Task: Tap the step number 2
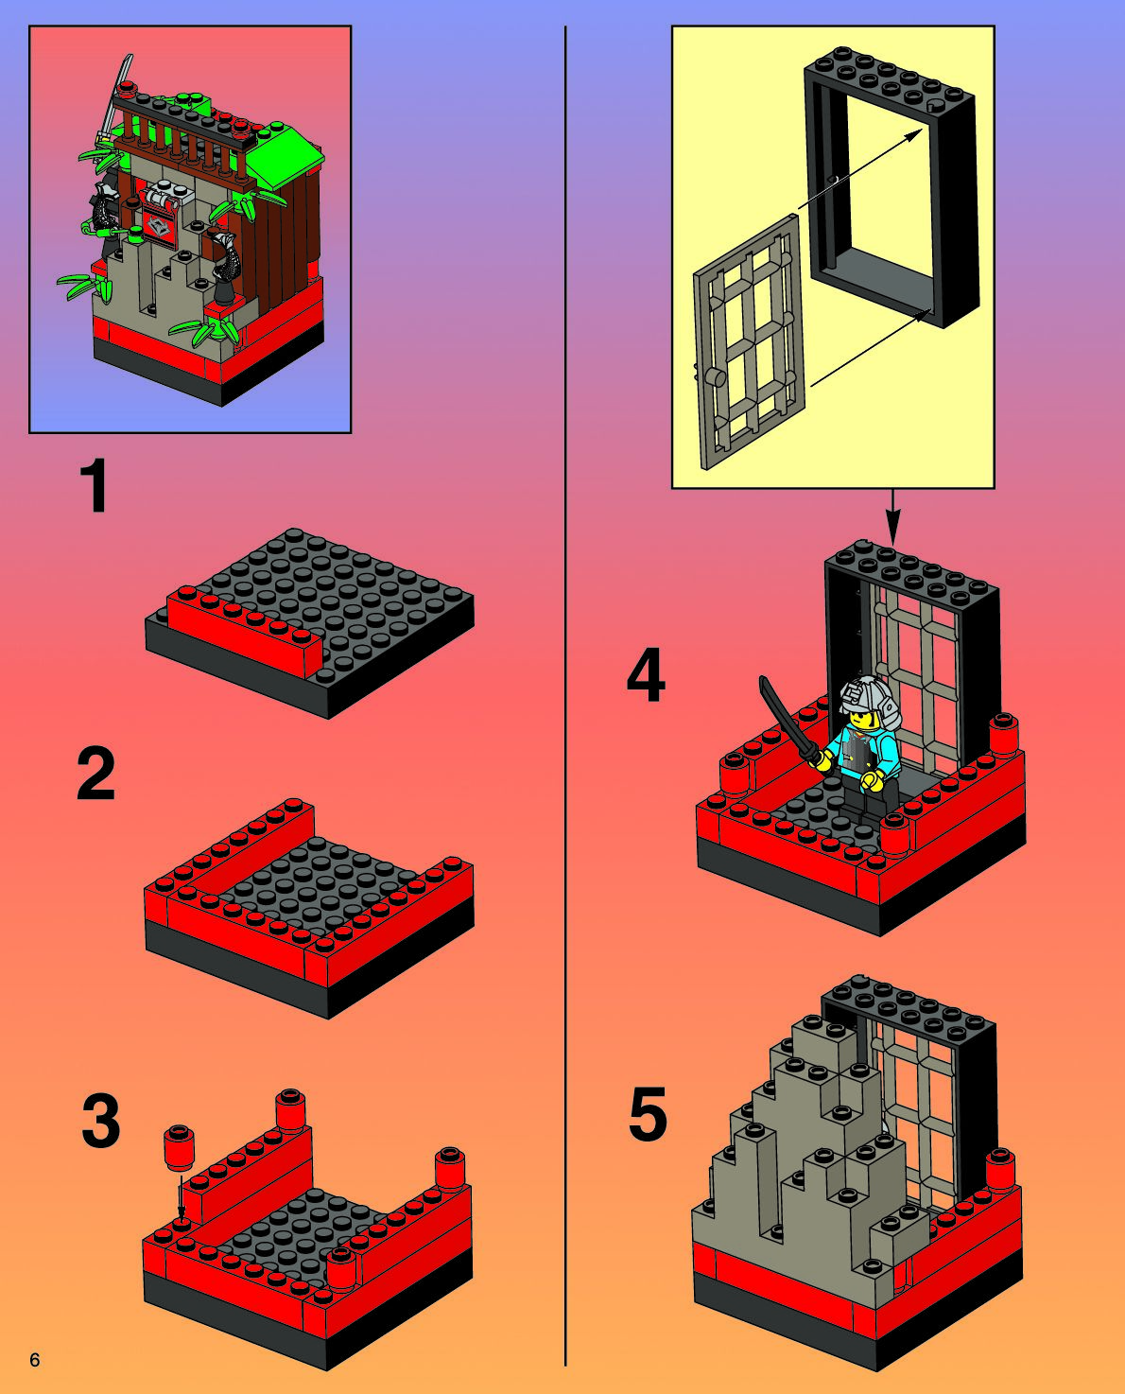coord(96,775)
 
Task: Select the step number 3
coord(101,1121)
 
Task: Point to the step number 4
coord(646,679)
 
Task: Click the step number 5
coord(648,1114)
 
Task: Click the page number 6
coord(35,1360)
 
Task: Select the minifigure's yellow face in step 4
coord(859,720)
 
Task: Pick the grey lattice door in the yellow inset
coord(750,343)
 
